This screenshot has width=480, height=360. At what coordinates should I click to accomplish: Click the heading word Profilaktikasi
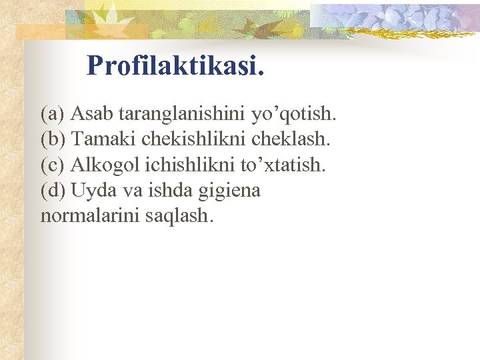point(175,65)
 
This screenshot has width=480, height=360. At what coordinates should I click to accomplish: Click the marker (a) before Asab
point(53,114)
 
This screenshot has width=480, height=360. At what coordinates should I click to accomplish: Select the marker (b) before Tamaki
point(53,139)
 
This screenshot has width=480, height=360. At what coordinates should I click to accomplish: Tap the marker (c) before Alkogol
point(53,165)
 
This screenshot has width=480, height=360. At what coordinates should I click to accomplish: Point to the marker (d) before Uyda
point(53,191)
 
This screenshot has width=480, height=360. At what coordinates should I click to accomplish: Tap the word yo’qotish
point(294,115)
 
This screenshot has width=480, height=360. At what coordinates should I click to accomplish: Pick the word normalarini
point(89,216)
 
